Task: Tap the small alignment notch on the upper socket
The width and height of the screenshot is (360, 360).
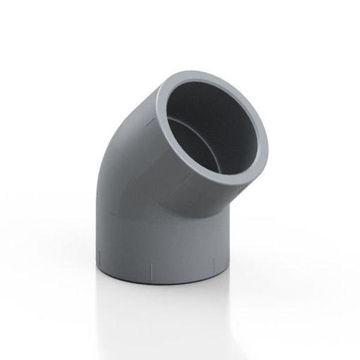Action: pyautogui.click(x=150, y=121)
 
